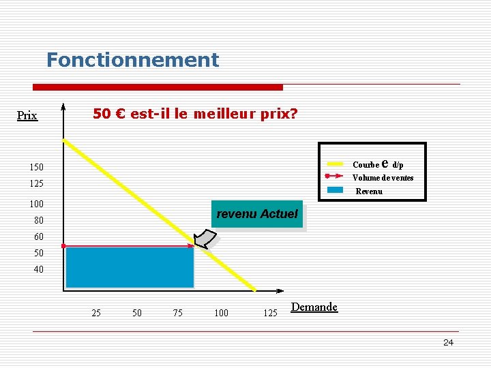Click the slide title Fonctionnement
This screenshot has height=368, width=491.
click(132, 60)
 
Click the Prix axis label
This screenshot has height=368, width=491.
click(27, 116)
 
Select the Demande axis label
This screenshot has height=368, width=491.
click(314, 307)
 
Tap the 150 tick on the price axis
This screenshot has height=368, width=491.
click(36, 167)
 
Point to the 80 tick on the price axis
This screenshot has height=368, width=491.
click(38, 220)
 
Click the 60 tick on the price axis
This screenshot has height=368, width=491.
click(38, 236)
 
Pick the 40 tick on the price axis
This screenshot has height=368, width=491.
click(38, 269)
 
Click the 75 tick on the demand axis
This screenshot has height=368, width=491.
click(177, 313)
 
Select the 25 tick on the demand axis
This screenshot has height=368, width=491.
click(96, 313)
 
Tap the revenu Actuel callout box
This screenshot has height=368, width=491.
click(256, 214)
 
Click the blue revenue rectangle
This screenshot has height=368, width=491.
click(130, 266)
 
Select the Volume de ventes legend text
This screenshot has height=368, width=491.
click(383, 178)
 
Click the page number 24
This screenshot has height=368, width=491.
click(448, 342)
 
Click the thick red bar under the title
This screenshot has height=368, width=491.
click(158, 87)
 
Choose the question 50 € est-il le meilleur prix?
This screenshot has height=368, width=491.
click(195, 114)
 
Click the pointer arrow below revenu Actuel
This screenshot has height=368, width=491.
click(204, 239)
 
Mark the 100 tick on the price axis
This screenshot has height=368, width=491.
click(36, 204)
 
